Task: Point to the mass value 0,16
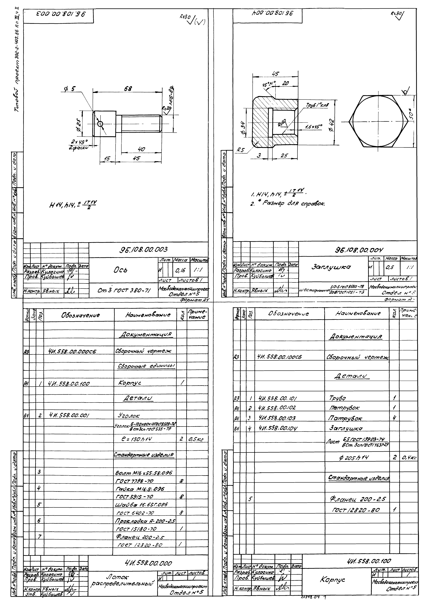coord(181,271)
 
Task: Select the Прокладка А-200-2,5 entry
coord(145,521)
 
